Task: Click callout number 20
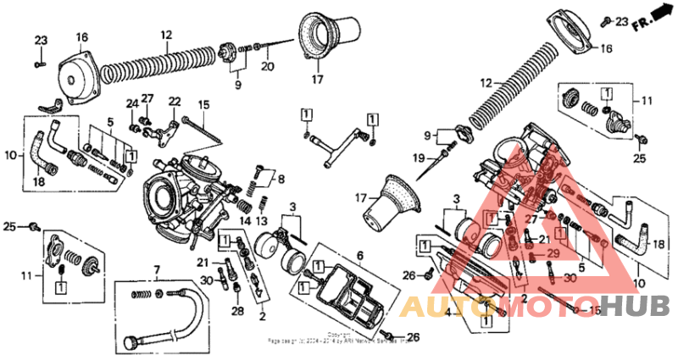point(267,66)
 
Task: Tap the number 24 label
point(132,104)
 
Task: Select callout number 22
point(175,102)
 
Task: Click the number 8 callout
point(281,178)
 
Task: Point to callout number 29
point(553,254)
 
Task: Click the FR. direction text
point(646,19)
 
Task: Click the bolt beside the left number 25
point(35,226)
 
